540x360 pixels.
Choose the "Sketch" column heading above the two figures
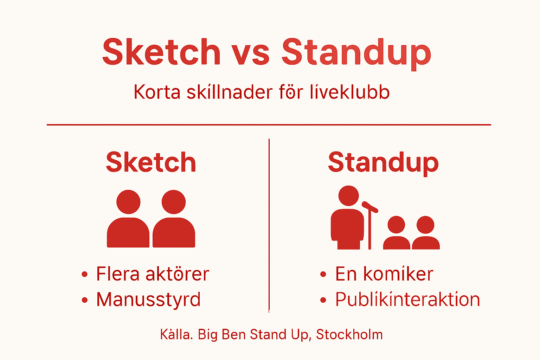coord(151,162)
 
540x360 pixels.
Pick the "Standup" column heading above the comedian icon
coord(383,162)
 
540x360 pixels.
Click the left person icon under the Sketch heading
coord(128,220)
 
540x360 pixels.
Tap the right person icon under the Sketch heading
coord(174,220)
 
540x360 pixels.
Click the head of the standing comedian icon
coord(348,196)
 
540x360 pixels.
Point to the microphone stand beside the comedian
coord(369,225)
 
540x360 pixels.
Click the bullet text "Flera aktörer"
coord(153,274)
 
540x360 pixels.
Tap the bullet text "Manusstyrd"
coord(148,300)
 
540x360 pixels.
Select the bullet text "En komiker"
coord(384,274)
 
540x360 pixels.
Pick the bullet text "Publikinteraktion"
coord(407,300)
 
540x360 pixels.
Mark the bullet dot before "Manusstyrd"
coord(84,300)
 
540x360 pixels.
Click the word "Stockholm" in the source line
coord(349,334)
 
